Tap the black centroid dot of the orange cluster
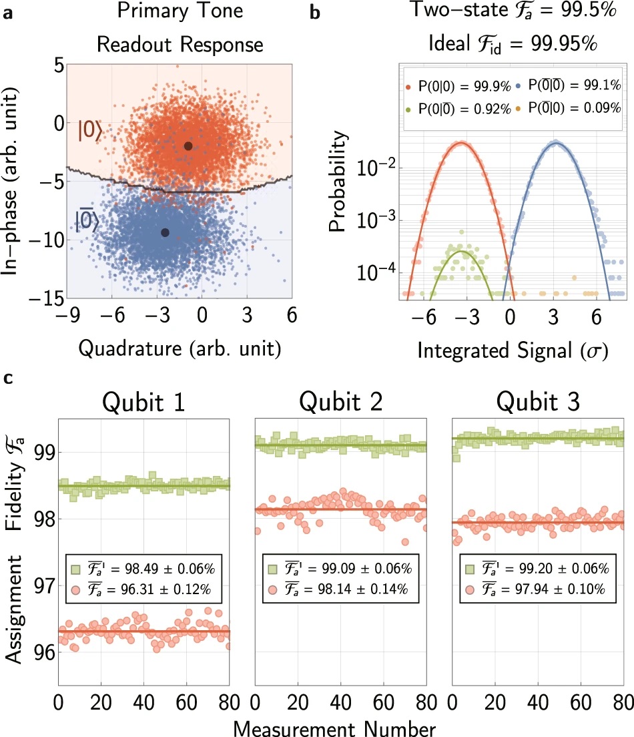click(x=188, y=146)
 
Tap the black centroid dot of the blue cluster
click(x=165, y=232)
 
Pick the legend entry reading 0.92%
click(x=455, y=107)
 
